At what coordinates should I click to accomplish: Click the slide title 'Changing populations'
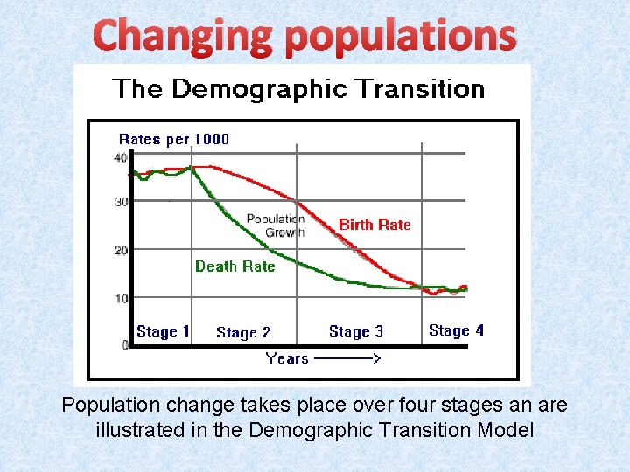click(x=304, y=36)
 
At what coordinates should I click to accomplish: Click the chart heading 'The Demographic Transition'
click(x=297, y=89)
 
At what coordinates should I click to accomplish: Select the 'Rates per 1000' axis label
click(x=173, y=139)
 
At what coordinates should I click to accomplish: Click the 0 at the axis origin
click(x=125, y=345)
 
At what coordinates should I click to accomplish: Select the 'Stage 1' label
click(x=163, y=331)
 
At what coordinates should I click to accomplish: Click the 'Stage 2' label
click(x=243, y=332)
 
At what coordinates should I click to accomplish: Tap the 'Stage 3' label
click(x=355, y=331)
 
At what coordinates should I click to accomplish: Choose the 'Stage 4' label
click(x=456, y=330)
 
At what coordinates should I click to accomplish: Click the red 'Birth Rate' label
click(x=374, y=225)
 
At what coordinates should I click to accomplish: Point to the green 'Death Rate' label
click(x=234, y=267)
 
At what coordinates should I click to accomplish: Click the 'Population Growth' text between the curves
click(x=276, y=226)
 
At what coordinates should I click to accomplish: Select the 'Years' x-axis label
click(x=287, y=358)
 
